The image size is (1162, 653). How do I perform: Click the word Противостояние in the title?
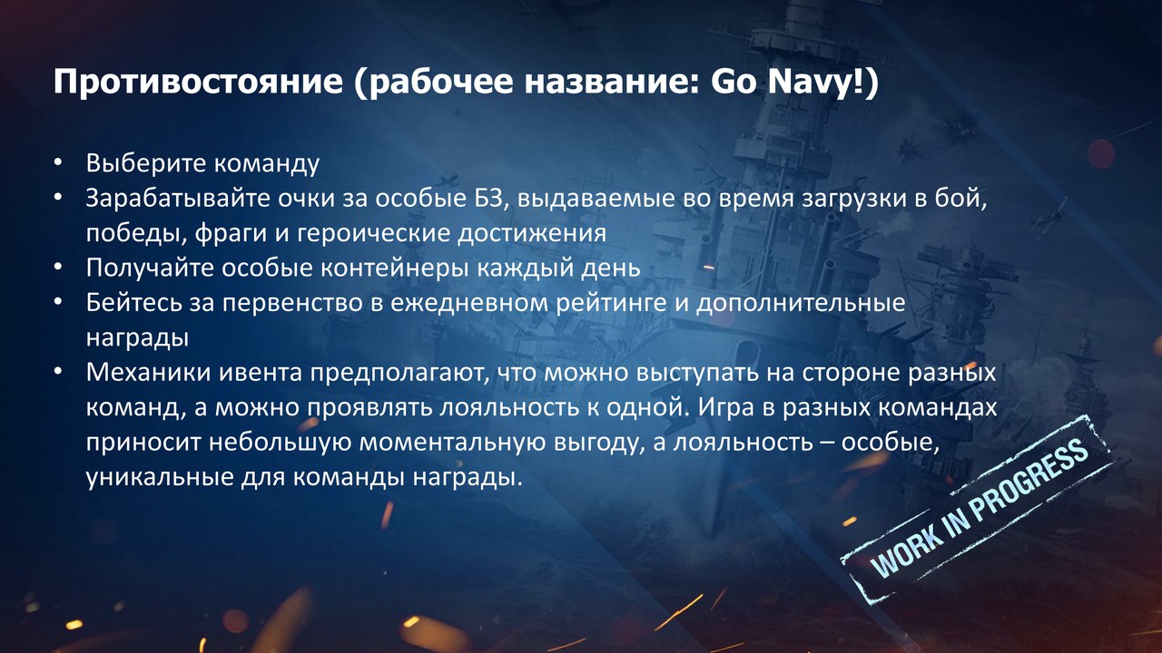point(198,83)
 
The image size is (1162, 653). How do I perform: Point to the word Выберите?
point(146,163)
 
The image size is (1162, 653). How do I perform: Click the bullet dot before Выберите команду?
point(57,163)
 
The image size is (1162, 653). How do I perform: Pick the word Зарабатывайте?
point(177,199)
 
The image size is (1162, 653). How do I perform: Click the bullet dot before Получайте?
point(57,268)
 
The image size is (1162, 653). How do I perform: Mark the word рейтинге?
point(612,303)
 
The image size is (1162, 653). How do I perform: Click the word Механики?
point(148,373)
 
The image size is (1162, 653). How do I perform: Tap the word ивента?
point(261,374)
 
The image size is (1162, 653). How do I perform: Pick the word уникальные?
point(159,478)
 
